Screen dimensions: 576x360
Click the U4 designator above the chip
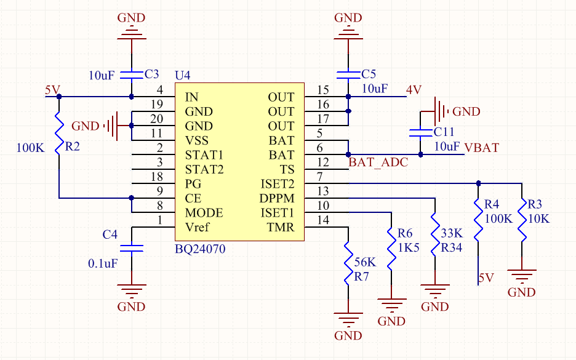click(x=183, y=75)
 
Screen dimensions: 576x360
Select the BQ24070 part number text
click(x=200, y=249)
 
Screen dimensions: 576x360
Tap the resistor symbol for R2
click(x=59, y=133)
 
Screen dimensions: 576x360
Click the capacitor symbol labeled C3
click(x=132, y=75)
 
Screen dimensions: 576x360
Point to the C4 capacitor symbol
click(x=132, y=249)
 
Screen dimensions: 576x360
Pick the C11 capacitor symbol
click(x=420, y=132)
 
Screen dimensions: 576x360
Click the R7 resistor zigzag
click(x=348, y=263)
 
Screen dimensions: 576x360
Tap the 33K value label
click(x=452, y=233)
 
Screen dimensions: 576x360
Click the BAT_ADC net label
click(x=378, y=162)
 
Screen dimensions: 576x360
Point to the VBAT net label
click(x=482, y=148)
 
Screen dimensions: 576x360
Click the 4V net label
click(x=414, y=90)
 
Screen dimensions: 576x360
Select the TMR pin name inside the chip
click(x=281, y=228)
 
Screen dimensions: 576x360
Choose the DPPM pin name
click(x=277, y=198)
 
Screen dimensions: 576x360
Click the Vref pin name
click(x=197, y=228)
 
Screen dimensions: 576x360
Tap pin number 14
click(x=323, y=220)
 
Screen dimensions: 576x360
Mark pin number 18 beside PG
click(x=157, y=177)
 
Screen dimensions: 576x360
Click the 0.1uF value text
click(x=103, y=263)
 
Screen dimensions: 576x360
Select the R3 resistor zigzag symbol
click(x=522, y=220)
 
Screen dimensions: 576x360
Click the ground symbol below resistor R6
click(x=391, y=304)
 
